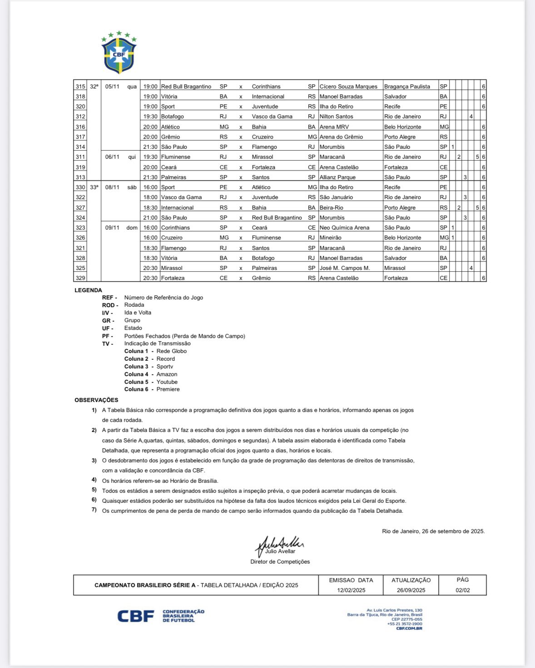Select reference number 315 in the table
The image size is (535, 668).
coord(80,87)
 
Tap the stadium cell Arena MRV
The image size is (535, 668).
coord(334,127)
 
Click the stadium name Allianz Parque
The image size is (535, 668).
coord(337,177)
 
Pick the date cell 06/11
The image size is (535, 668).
coord(112,157)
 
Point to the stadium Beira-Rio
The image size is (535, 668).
coord(332,208)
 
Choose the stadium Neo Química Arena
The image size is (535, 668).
coord(344,228)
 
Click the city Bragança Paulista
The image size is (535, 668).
coord(407,87)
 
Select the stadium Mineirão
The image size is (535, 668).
coord(332,238)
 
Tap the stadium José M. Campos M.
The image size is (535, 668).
coord(345,268)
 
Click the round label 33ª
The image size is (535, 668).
coord(94,187)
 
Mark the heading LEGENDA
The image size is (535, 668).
coord(88,290)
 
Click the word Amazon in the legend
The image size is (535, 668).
coord(167,374)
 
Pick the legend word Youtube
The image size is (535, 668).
coord(167,382)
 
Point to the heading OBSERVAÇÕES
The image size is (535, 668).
coord(96,400)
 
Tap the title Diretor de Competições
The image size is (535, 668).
coord(280,562)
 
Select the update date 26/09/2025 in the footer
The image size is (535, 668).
coord(411,590)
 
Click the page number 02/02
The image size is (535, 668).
coord(462,590)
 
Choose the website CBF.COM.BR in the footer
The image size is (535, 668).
coord(409,629)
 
